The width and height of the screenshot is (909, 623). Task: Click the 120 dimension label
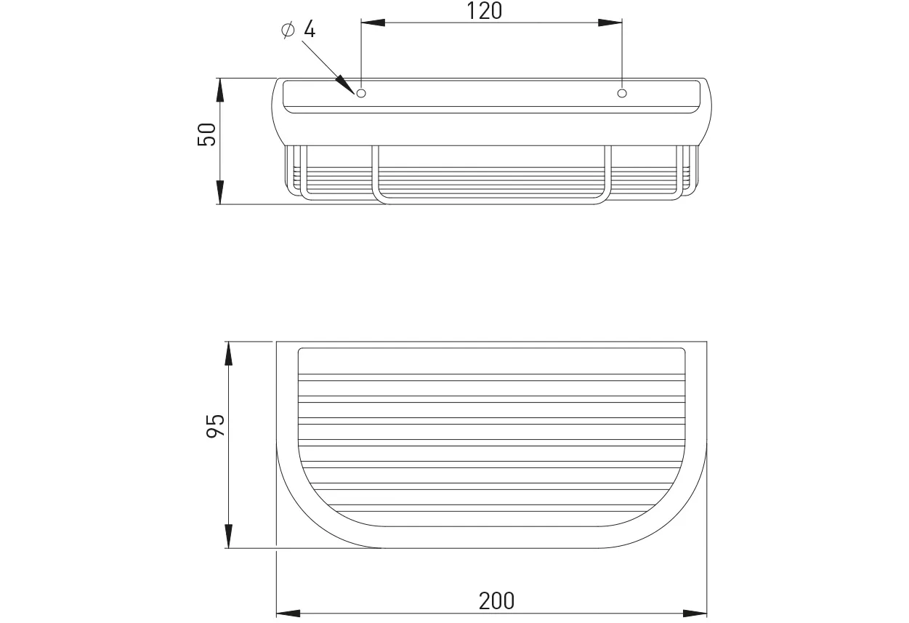pos(484,11)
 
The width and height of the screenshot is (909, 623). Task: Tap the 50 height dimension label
pos(206,134)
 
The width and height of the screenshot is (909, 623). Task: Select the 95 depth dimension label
pos(216,426)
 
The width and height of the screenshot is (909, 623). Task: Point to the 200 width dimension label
pos(496,601)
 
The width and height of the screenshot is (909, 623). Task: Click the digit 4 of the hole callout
pos(310,29)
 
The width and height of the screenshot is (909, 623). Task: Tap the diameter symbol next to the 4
pos(288,31)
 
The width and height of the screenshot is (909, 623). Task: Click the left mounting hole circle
pos(360,93)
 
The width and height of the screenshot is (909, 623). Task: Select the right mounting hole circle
pos(622,93)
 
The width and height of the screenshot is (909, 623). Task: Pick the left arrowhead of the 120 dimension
pos(373,23)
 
